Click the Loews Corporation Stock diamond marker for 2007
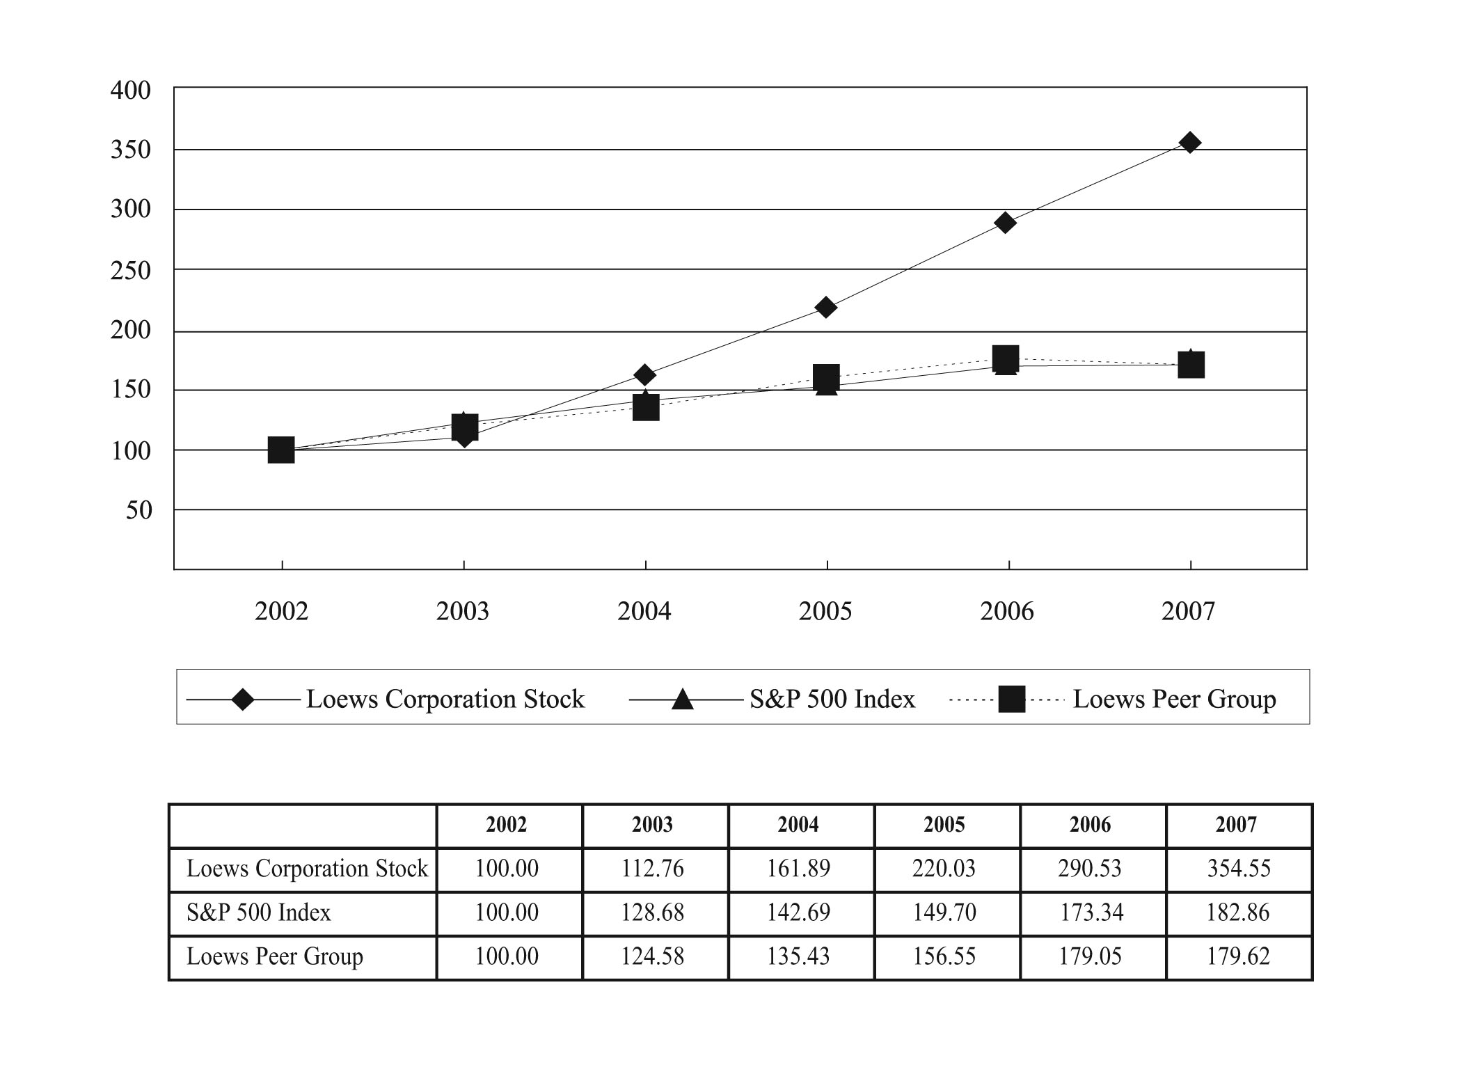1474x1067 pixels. click(1190, 143)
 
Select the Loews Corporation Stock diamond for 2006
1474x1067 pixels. click(1005, 223)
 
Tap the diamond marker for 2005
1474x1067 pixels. click(826, 307)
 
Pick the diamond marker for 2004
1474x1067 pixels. click(645, 375)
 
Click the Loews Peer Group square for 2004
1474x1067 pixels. click(646, 407)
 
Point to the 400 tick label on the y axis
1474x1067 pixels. click(130, 90)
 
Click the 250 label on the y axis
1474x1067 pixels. click(130, 271)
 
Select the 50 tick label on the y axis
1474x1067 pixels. click(138, 510)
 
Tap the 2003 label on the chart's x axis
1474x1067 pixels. click(463, 611)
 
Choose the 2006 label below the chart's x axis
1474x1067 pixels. click(1007, 611)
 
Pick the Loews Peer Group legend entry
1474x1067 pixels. click(1113, 699)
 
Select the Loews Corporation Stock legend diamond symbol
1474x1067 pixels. click(243, 699)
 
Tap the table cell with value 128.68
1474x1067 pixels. click(653, 912)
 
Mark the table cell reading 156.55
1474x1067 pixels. click(944, 956)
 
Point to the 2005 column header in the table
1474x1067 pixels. click(944, 825)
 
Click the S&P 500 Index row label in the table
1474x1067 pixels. click(259, 912)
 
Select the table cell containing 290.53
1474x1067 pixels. click(1090, 869)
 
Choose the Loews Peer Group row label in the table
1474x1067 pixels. click(275, 957)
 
